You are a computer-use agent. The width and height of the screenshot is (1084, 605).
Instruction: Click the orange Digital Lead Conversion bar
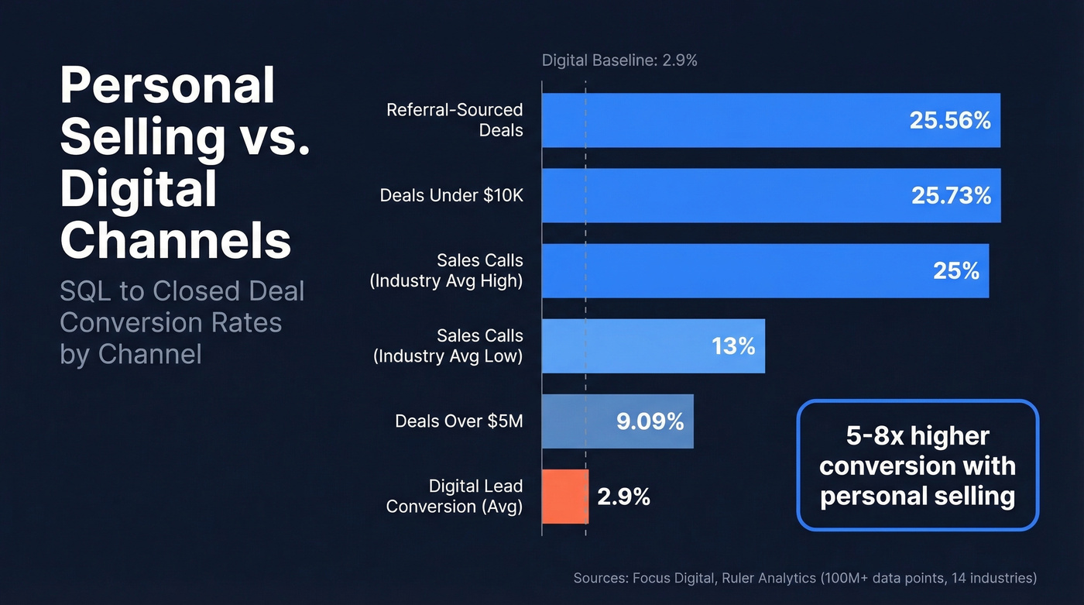tap(565, 497)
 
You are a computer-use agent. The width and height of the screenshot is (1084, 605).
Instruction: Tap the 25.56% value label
tap(950, 120)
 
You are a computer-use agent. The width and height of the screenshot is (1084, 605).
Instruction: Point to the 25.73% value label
tap(951, 195)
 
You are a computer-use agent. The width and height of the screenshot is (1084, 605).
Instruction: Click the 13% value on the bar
tap(733, 345)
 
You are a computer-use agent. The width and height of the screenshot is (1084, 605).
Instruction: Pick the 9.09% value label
tap(650, 421)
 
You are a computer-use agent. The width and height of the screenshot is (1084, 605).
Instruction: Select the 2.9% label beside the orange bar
tap(623, 497)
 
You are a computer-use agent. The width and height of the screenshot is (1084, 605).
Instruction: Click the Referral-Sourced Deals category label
tap(455, 120)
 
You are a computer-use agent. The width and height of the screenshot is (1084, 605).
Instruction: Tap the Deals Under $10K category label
tap(451, 195)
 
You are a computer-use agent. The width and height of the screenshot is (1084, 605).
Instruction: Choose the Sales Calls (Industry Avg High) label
tap(447, 270)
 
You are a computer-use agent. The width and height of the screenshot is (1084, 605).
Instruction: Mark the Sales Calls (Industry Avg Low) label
tap(448, 345)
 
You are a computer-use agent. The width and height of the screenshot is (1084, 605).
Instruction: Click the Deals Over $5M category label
tap(459, 421)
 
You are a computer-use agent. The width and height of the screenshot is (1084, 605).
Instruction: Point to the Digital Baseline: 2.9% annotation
tap(619, 60)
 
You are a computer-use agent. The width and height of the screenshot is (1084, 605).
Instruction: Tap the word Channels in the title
tap(176, 241)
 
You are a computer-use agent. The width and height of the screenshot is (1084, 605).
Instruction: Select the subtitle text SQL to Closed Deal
tap(182, 291)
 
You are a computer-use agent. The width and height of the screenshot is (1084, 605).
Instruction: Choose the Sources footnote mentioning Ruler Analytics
tap(804, 578)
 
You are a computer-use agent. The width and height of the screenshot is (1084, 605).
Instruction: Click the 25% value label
tap(956, 270)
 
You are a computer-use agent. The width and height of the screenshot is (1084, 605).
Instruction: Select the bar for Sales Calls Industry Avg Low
tap(653, 345)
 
